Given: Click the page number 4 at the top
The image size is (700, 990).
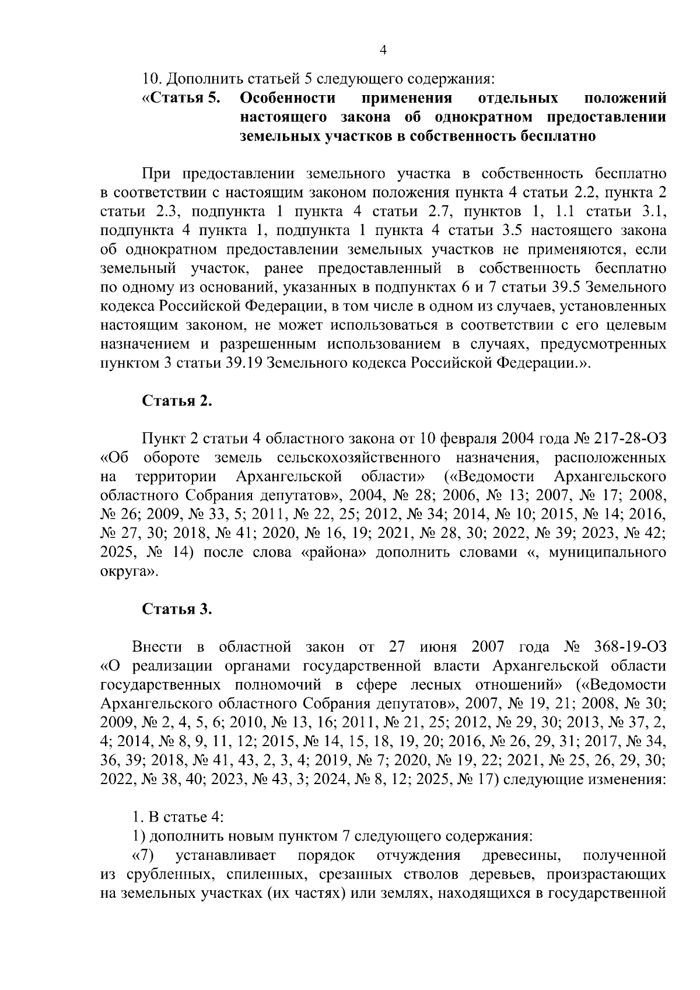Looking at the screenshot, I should tap(383, 51).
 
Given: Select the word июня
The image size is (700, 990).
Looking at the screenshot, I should tap(438, 648).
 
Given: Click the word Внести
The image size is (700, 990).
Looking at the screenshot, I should tap(156, 648).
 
